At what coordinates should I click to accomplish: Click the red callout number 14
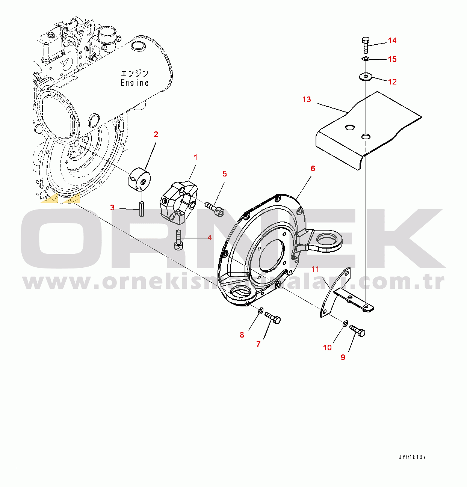[x=392, y=41]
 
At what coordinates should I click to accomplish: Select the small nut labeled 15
[x=366, y=59]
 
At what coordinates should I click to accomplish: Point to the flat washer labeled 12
[x=365, y=76]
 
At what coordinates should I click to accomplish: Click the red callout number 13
[x=307, y=100]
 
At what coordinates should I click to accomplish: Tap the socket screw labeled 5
[x=215, y=209]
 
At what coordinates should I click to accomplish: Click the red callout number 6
[x=313, y=169]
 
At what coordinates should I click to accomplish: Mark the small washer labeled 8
[x=260, y=311]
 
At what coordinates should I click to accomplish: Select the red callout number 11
[x=315, y=269]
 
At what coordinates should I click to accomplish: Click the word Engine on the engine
[x=135, y=83]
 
